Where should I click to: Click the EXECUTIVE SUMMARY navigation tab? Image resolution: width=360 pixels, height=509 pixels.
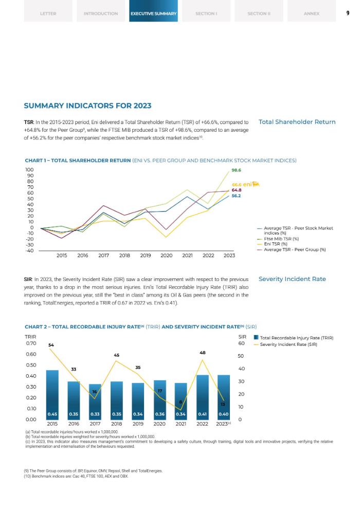(x=153, y=13)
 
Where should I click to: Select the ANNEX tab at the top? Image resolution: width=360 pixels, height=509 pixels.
(x=312, y=13)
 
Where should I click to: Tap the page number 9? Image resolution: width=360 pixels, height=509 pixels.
(x=348, y=13)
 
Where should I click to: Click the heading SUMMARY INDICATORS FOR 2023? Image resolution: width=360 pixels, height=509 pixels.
(x=87, y=106)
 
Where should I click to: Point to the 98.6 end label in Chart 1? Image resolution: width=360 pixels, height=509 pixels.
(x=237, y=170)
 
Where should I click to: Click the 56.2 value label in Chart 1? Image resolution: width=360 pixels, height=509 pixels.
(x=237, y=196)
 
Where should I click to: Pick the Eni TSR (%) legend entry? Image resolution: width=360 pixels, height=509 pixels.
(x=278, y=244)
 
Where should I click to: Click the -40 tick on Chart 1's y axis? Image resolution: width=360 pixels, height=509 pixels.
(x=29, y=251)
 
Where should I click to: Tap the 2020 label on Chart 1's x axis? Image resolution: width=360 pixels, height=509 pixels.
(x=167, y=255)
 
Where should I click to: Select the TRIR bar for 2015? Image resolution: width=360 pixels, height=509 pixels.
(x=52, y=395)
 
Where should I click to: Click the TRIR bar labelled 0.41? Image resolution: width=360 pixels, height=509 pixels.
(x=202, y=397)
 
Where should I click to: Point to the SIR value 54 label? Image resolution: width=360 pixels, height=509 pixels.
(x=51, y=344)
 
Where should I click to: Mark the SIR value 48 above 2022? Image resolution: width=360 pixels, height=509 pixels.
(x=202, y=353)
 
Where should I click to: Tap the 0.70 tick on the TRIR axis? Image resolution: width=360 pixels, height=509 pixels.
(x=30, y=343)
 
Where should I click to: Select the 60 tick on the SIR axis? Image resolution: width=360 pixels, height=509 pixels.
(x=241, y=343)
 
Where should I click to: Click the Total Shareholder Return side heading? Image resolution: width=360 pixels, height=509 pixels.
(x=297, y=122)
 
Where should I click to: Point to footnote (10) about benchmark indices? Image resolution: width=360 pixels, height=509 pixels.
(x=76, y=476)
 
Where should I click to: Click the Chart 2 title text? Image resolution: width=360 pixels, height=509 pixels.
(x=140, y=326)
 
